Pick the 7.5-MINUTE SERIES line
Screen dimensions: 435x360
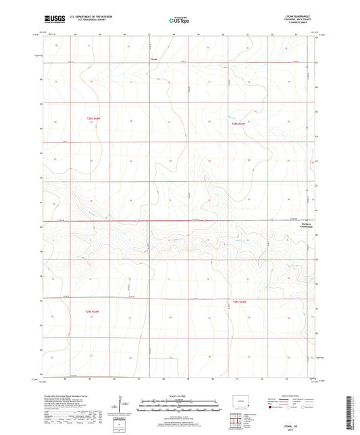click(x=297, y=24)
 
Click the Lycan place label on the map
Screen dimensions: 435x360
click(x=153, y=59)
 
